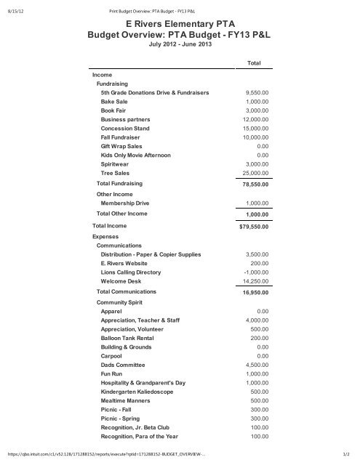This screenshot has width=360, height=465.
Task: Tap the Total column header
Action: [x=254, y=64]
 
